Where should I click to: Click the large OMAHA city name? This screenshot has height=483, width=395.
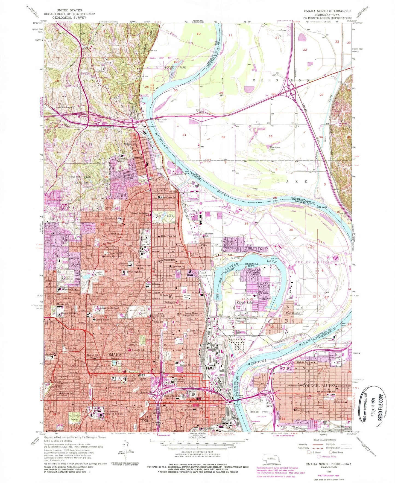tap(114, 355)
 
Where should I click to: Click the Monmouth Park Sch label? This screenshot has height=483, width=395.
tap(145, 266)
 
